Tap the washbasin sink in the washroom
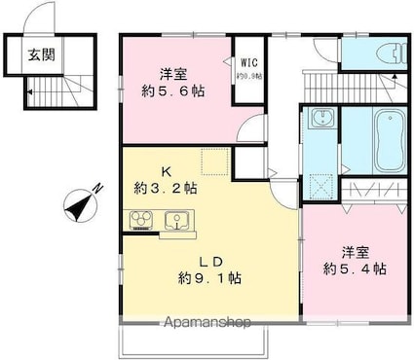[322, 120]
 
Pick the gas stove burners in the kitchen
[141, 218]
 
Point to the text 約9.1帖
[208, 278]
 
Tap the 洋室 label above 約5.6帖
[175, 71]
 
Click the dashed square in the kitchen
[213, 162]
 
